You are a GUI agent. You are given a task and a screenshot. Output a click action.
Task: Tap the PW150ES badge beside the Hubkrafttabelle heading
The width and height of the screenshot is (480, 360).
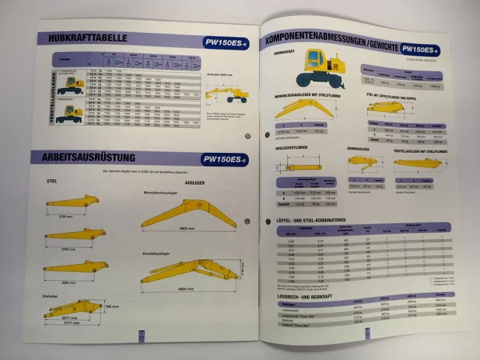click(x=226, y=41)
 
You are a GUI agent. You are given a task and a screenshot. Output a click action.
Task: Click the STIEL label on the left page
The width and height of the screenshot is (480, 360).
click(x=54, y=182)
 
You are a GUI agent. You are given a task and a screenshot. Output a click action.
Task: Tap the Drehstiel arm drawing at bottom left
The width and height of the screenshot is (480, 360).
click(x=73, y=307)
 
